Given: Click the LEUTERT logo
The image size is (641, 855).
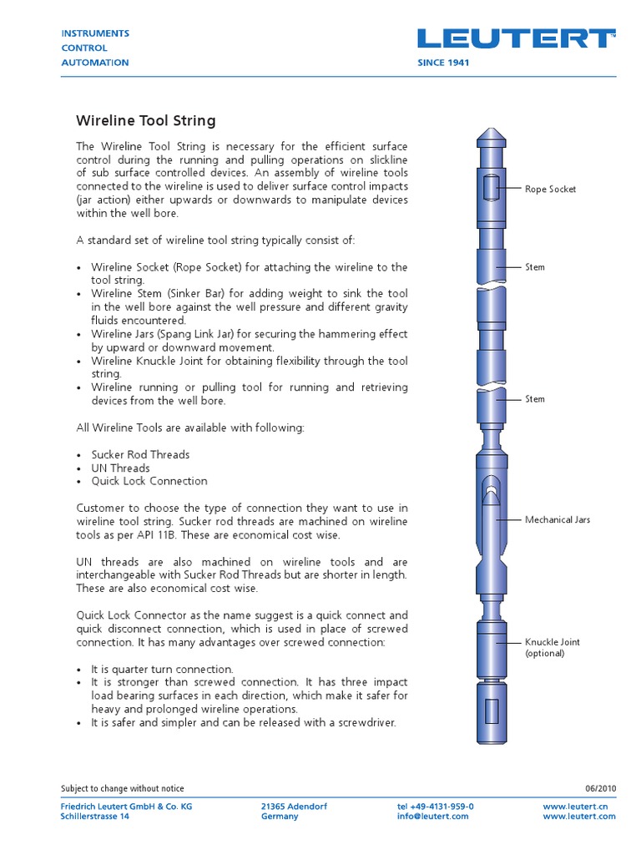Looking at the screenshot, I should click(x=516, y=38).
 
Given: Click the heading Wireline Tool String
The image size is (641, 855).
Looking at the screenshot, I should click(x=146, y=121).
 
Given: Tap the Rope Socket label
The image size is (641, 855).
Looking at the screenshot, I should click(x=550, y=190).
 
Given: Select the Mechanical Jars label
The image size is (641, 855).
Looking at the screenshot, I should click(x=557, y=519).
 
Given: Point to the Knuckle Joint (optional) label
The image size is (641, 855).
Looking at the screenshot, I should click(x=552, y=647).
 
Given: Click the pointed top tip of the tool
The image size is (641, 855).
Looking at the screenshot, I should click(x=488, y=134).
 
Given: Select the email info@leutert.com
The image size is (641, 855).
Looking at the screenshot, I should click(x=432, y=817).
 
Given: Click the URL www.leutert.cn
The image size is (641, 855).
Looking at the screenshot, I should click(x=579, y=807).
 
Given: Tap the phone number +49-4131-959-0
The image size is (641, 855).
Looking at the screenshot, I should click(x=435, y=807).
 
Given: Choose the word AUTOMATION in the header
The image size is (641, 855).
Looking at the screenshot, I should click(x=95, y=63).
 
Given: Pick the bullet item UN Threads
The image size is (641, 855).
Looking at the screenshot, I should click(x=120, y=468).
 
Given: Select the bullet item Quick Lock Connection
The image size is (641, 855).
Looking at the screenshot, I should click(x=149, y=482).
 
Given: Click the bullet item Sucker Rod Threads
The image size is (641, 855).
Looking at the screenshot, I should click(x=140, y=455).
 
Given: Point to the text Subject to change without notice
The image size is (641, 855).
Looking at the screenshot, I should click(x=123, y=789).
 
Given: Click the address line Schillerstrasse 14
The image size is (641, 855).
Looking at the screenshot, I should click(x=95, y=817).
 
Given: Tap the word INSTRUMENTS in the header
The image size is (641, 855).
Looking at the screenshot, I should click(x=95, y=33).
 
